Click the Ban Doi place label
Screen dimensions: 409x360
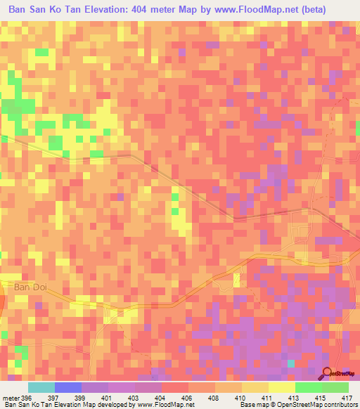point(28,287)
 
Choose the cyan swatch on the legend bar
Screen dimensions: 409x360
point(41,387)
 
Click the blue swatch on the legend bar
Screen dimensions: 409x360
point(68,387)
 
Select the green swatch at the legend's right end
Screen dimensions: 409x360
point(335,387)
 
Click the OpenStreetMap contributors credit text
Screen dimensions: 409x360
point(322,405)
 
